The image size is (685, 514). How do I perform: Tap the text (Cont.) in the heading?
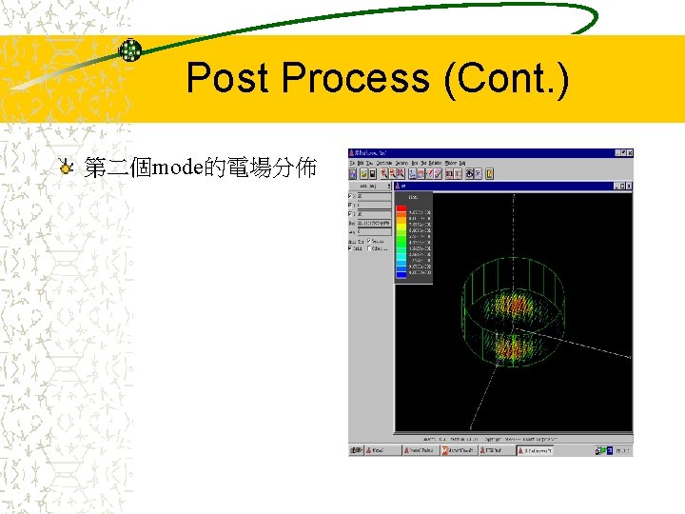coord(507,78)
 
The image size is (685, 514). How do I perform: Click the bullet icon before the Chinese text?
coord(64,168)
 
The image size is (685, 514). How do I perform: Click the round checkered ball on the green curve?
coord(129,50)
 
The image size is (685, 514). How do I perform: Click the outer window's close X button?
coord(629,152)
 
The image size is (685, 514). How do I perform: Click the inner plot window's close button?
coord(628,187)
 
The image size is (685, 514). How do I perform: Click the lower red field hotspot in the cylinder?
coord(509,349)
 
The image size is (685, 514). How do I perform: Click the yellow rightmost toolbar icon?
coord(489,174)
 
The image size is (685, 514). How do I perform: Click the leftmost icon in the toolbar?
coord(353,174)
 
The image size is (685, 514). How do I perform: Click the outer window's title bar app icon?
coord(352,152)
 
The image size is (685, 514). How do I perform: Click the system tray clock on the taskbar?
coord(620,450)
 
